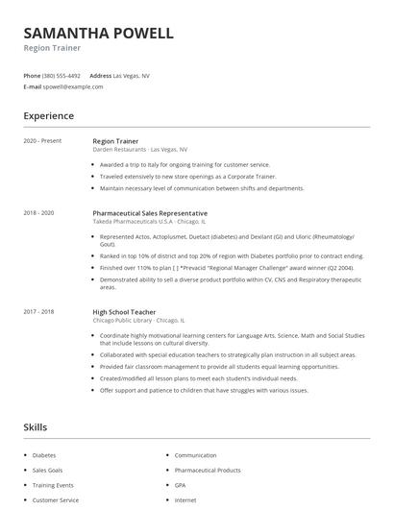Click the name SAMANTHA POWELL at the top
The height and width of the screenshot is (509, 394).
[99, 34]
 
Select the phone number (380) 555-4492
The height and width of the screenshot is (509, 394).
[62, 75]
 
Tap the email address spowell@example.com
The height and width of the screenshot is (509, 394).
[73, 86]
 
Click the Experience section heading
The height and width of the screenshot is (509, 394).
[49, 116]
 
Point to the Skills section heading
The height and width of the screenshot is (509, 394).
[36, 426]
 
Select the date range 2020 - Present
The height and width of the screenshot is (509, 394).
[43, 141]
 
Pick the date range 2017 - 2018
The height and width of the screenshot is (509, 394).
[39, 311]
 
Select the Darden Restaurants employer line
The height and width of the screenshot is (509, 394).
[140, 150]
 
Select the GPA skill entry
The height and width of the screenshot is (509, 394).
[181, 485]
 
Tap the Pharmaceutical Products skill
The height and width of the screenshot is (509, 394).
[208, 470]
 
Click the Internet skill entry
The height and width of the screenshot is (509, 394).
[185, 500]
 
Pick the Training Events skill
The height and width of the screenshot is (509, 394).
[54, 485]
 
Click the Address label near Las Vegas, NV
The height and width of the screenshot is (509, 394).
[100, 75]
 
